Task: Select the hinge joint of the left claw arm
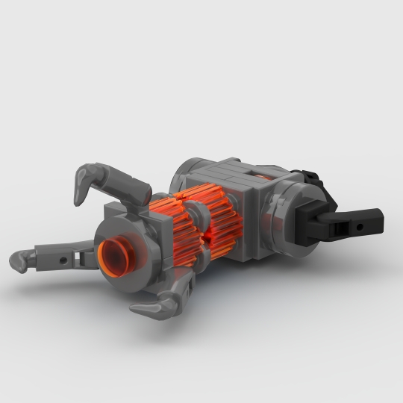[x=81, y=257]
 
